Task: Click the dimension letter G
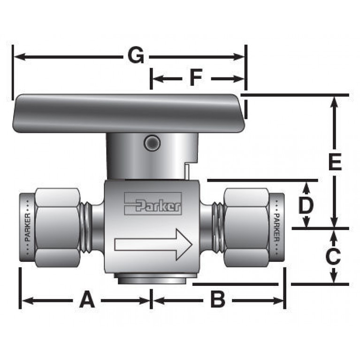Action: (x=136, y=57)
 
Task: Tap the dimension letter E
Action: (x=334, y=162)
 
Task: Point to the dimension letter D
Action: (x=306, y=205)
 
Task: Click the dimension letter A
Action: (x=86, y=299)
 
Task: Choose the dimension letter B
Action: (x=217, y=299)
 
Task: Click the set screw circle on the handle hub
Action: (x=152, y=143)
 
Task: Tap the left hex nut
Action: (x=57, y=228)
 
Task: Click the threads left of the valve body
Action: (x=86, y=228)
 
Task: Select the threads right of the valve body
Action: (x=217, y=228)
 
